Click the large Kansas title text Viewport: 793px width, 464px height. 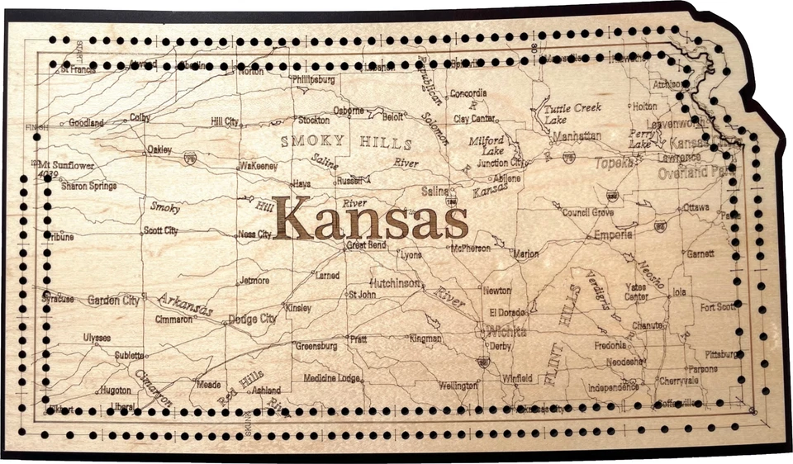(x=371, y=218)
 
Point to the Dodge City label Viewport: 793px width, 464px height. (x=252, y=319)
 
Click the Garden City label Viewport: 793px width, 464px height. (x=113, y=301)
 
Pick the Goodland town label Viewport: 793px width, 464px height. (x=86, y=123)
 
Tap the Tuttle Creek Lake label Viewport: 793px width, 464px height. (x=572, y=113)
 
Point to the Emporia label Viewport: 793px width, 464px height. (x=613, y=235)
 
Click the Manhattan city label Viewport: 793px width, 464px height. (x=577, y=135)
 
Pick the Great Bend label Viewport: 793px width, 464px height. (x=365, y=245)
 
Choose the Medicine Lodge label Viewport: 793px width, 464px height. (x=332, y=378)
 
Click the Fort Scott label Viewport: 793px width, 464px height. (x=718, y=307)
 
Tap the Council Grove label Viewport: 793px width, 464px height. (x=587, y=212)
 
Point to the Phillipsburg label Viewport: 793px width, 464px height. (x=313, y=80)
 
